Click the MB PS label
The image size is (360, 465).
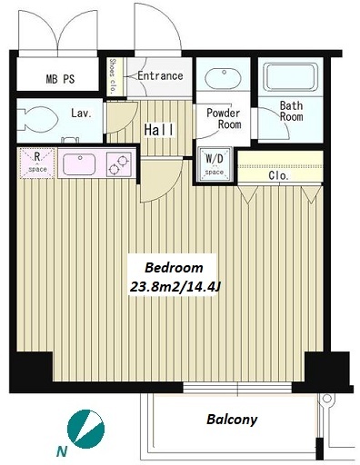[60, 79]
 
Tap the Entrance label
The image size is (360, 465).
[160, 75]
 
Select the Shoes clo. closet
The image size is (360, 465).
[115, 77]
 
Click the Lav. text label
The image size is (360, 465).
[81, 114]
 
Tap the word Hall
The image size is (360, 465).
[159, 130]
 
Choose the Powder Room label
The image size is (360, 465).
[224, 118]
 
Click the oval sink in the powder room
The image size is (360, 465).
[224, 77]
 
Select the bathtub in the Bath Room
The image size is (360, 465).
[290, 77]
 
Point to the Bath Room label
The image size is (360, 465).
[291, 111]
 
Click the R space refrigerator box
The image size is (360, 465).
[37, 163]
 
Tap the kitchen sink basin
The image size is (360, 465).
[79, 164]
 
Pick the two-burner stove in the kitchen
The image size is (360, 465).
[119, 164]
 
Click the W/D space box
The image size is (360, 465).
[215, 164]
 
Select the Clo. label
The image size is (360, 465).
[278, 175]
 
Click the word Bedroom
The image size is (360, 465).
[174, 268]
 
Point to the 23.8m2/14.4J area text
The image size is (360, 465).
[175, 287]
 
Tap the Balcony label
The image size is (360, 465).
[232, 420]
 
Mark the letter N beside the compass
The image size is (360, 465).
[62, 452]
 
